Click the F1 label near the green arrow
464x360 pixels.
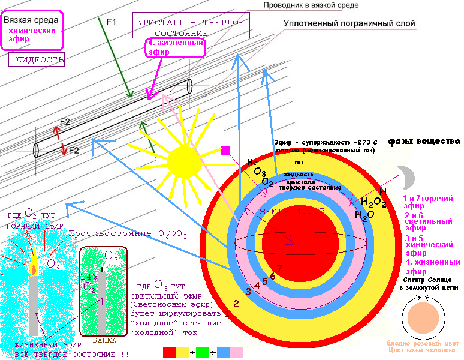point(112,22)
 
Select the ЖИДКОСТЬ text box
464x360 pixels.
point(37,59)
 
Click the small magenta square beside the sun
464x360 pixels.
point(225,150)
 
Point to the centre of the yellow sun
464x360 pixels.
point(185,161)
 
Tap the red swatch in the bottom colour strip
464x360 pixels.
point(170,352)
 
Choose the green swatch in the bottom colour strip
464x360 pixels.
point(202,352)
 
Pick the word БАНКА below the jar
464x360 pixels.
point(104,340)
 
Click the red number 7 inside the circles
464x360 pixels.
point(279,268)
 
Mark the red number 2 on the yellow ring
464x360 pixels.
point(236,304)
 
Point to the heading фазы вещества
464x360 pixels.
point(424,142)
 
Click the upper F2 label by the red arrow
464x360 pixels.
point(65,122)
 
